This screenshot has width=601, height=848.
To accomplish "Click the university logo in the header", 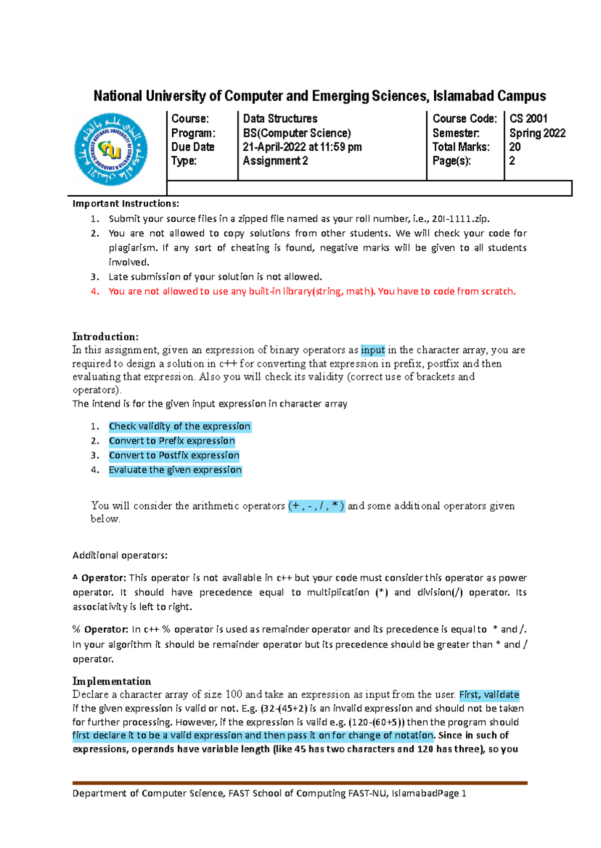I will pyautogui.click(x=111, y=149).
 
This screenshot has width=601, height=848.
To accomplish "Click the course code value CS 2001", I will pyautogui.click(x=528, y=119).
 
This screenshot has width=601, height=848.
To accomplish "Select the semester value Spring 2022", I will pyautogui.click(x=537, y=133).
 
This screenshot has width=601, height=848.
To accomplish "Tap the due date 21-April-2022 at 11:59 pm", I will pyautogui.click(x=302, y=147).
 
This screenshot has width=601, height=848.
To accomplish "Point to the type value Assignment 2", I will pyautogui.click(x=275, y=161).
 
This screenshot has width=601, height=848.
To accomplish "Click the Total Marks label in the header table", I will pyautogui.click(x=461, y=147).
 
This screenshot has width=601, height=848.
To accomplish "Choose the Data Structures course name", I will pyautogui.click(x=280, y=119).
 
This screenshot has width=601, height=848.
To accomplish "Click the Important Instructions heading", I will pyautogui.click(x=125, y=204).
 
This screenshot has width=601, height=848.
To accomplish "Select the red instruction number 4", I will pyautogui.click(x=95, y=291).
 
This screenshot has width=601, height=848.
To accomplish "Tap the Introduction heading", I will pyautogui.click(x=105, y=336).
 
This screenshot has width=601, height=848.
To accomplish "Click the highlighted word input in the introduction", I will pyautogui.click(x=373, y=350).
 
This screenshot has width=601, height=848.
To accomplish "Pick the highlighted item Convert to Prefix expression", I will pyautogui.click(x=172, y=441).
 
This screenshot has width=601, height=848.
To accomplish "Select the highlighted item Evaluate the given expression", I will pyautogui.click(x=175, y=470).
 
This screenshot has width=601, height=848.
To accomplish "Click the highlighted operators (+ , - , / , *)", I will pyautogui.click(x=316, y=506).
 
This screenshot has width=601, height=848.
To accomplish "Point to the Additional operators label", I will pyautogui.click(x=120, y=555).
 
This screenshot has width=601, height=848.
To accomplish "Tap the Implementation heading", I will pyautogui.click(x=112, y=681).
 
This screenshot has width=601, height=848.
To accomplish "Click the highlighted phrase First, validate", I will pyautogui.click(x=489, y=695).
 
